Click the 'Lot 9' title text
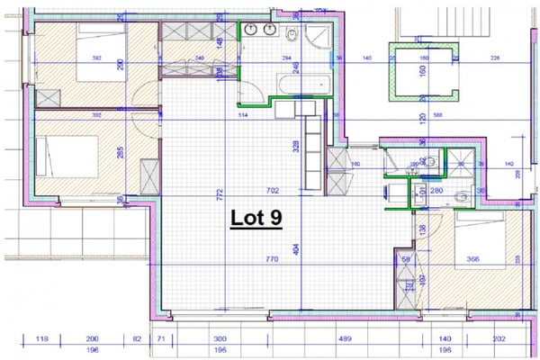click(x=254, y=218)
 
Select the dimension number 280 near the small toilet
click(x=438, y=190)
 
